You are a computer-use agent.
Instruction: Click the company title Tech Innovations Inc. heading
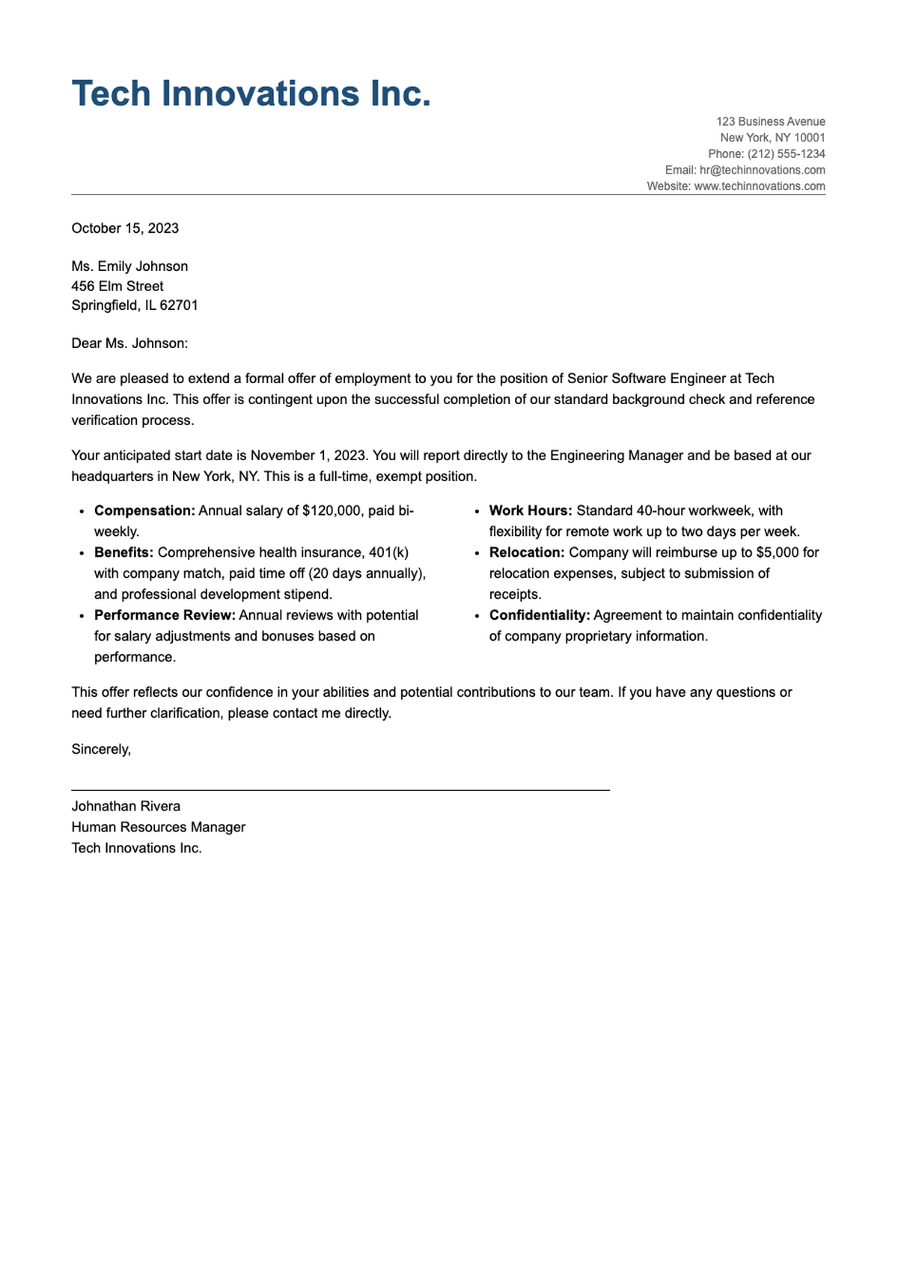point(251,94)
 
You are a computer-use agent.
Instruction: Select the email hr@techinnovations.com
point(762,170)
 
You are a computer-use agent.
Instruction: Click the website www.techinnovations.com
point(759,186)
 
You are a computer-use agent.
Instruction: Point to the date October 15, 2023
point(125,228)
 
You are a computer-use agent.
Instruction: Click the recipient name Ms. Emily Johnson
point(129,266)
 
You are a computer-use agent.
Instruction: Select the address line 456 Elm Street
point(117,286)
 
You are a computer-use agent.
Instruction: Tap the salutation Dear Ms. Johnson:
point(129,344)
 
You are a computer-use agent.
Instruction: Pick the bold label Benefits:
point(123,552)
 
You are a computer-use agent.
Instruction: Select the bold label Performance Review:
point(165,615)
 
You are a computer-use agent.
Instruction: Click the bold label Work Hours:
point(531,510)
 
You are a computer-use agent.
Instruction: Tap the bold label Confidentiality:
point(540,615)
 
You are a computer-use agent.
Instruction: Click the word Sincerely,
point(101,749)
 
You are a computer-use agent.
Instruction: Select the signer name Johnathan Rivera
point(126,806)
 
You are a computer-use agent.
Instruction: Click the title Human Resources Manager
point(158,827)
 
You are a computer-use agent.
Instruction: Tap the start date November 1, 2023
point(308,455)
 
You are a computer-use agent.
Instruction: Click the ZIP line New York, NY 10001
point(772,138)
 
